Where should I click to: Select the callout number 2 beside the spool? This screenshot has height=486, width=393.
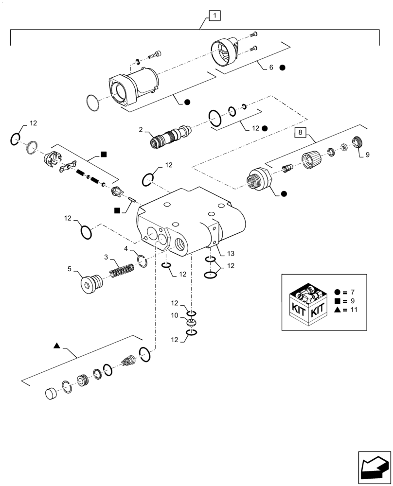(x=141, y=130)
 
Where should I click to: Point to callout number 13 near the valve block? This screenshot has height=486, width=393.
(x=230, y=253)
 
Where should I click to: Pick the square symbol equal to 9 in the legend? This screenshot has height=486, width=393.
(x=337, y=301)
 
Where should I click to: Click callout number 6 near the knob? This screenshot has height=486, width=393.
(x=271, y=68)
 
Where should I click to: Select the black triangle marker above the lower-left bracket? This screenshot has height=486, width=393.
(x=57, y=346)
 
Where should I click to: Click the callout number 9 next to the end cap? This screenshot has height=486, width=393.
(x=367, y=155)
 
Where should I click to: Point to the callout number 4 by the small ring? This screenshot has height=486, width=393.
(x=126, y=248)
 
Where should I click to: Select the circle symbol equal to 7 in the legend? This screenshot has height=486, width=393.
(x=337, y=292)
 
